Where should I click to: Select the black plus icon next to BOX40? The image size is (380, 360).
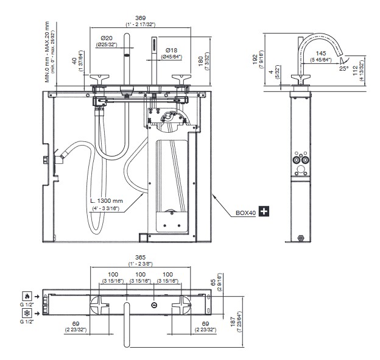point(264,211)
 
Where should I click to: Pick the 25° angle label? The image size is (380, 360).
point(344,69)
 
